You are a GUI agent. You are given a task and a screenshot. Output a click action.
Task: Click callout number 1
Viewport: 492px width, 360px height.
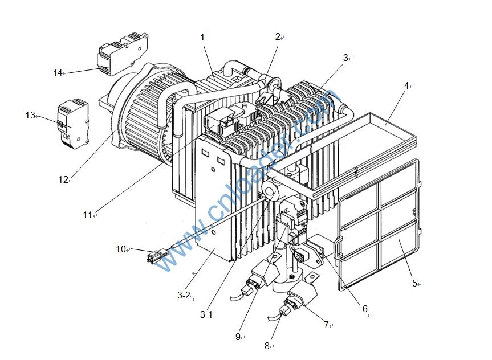(202, 37)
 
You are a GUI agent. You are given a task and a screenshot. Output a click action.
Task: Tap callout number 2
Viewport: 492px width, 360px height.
(278, 37)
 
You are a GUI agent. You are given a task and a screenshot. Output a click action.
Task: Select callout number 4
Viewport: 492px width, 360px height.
(406, 86)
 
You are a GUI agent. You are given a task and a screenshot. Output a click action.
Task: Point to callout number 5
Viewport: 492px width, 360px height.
(414, 283)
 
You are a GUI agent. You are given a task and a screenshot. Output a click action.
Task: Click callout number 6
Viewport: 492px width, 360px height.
(365, 309)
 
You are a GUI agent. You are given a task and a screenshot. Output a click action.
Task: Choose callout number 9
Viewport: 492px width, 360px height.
(238, 337)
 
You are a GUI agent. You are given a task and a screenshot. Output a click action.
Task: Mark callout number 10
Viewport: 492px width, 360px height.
(120, 249)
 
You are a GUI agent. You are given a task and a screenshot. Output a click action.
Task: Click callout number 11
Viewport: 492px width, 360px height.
(87, 215)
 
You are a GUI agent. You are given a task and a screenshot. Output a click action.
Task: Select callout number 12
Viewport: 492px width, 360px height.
(63, 179)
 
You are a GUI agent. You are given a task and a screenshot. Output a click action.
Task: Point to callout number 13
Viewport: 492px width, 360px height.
(30, 116)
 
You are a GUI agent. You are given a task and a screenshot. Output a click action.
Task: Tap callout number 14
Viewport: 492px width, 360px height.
(57, 73)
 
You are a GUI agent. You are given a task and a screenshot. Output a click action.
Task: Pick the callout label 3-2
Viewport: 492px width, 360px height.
(183, 295)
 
